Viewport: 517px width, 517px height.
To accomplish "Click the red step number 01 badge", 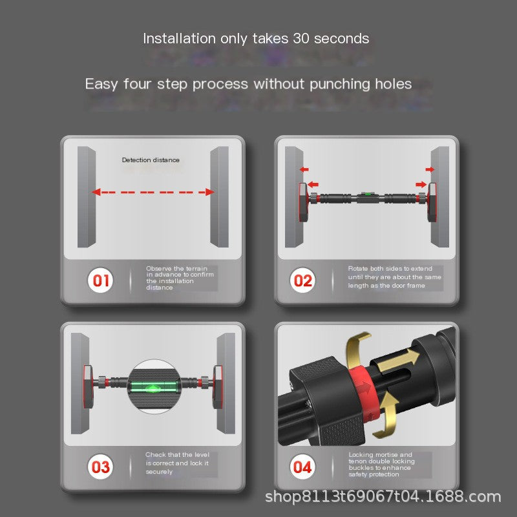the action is [100, 280].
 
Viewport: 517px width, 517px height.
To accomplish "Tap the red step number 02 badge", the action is [302, 280].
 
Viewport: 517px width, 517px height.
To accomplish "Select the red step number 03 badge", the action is [100, 467].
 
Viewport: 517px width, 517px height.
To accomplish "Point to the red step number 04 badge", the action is [302, 467].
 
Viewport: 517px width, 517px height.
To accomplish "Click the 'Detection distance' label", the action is [151, 160].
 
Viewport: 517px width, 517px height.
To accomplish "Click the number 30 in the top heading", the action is [301, 39].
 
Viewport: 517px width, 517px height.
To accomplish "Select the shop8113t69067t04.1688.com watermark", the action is [383, 496].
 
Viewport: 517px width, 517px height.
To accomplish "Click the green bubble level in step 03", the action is [154, 387].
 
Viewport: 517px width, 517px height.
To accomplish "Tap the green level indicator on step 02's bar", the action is [365, 195].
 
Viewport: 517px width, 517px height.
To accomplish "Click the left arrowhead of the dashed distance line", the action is [96, 192].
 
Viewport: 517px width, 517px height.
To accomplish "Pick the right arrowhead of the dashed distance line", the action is [209, 192].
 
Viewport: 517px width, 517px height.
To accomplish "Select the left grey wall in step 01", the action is [87, 197].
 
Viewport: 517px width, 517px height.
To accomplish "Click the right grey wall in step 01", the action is [220, 197].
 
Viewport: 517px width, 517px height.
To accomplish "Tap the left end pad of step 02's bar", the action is [304, 202].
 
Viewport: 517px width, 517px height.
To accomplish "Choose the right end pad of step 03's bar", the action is [217, 386].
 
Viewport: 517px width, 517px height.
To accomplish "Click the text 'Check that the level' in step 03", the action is [177, 455].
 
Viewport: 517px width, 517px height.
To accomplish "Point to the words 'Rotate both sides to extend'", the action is [390, 269].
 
